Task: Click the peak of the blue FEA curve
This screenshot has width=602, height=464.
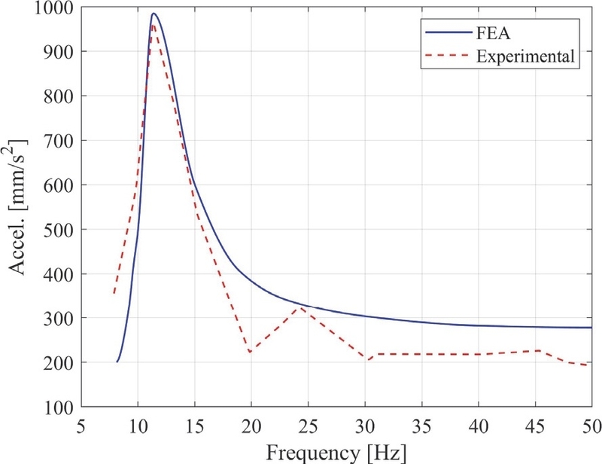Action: (153, 14)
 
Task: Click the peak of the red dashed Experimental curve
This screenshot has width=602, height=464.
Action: (154, 24)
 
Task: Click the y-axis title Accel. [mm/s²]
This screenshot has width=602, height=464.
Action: (17, 207)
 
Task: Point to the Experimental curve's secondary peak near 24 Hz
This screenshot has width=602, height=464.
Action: (300, 307)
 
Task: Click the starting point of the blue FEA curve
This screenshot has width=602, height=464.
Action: (117, 362)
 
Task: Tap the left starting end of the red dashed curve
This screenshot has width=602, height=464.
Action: (114, 293)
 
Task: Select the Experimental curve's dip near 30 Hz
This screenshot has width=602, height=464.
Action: (369, 359)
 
